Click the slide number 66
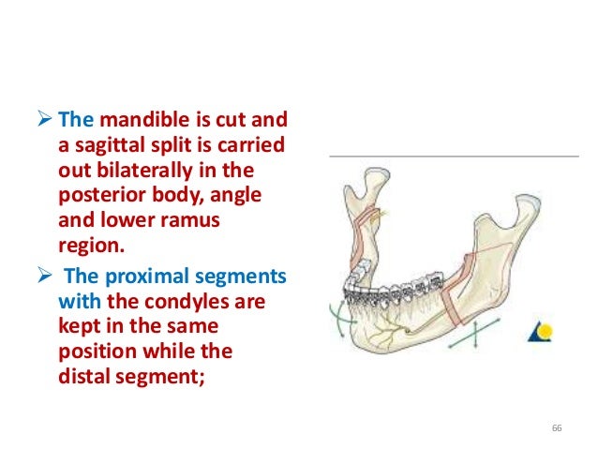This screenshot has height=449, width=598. coord(557,428)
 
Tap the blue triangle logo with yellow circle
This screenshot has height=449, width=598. coord(540,330)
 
